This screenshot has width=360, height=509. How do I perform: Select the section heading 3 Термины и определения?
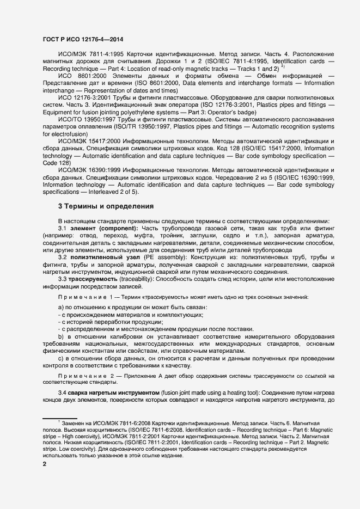106,206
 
